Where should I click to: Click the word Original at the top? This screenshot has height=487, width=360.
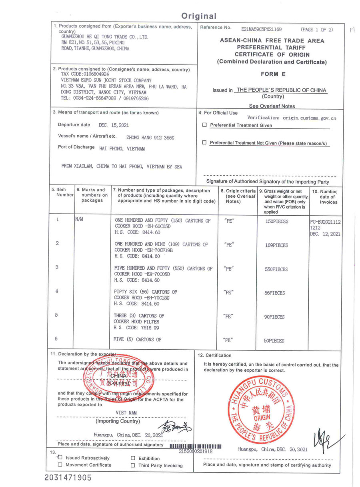tap(199, 16)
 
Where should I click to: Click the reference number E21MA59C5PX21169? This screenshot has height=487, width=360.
tap(261, 30)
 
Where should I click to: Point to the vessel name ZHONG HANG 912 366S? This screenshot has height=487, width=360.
tap(150, 137)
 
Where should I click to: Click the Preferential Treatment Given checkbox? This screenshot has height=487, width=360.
tap(205, 125)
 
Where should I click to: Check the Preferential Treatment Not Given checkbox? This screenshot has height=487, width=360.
tap(205, 143)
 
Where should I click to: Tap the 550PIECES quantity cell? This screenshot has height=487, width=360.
tap(276, 269)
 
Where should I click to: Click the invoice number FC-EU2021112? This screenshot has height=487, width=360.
tap(326, 221)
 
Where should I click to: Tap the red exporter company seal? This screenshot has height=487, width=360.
tap(118, 376)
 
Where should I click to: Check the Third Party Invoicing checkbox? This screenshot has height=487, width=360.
tap(133, 465)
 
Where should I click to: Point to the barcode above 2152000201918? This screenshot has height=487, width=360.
tap(196, 446)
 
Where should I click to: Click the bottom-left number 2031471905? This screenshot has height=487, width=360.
tap(68, 477)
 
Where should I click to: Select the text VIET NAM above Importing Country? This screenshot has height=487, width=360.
tap(126, 412)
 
